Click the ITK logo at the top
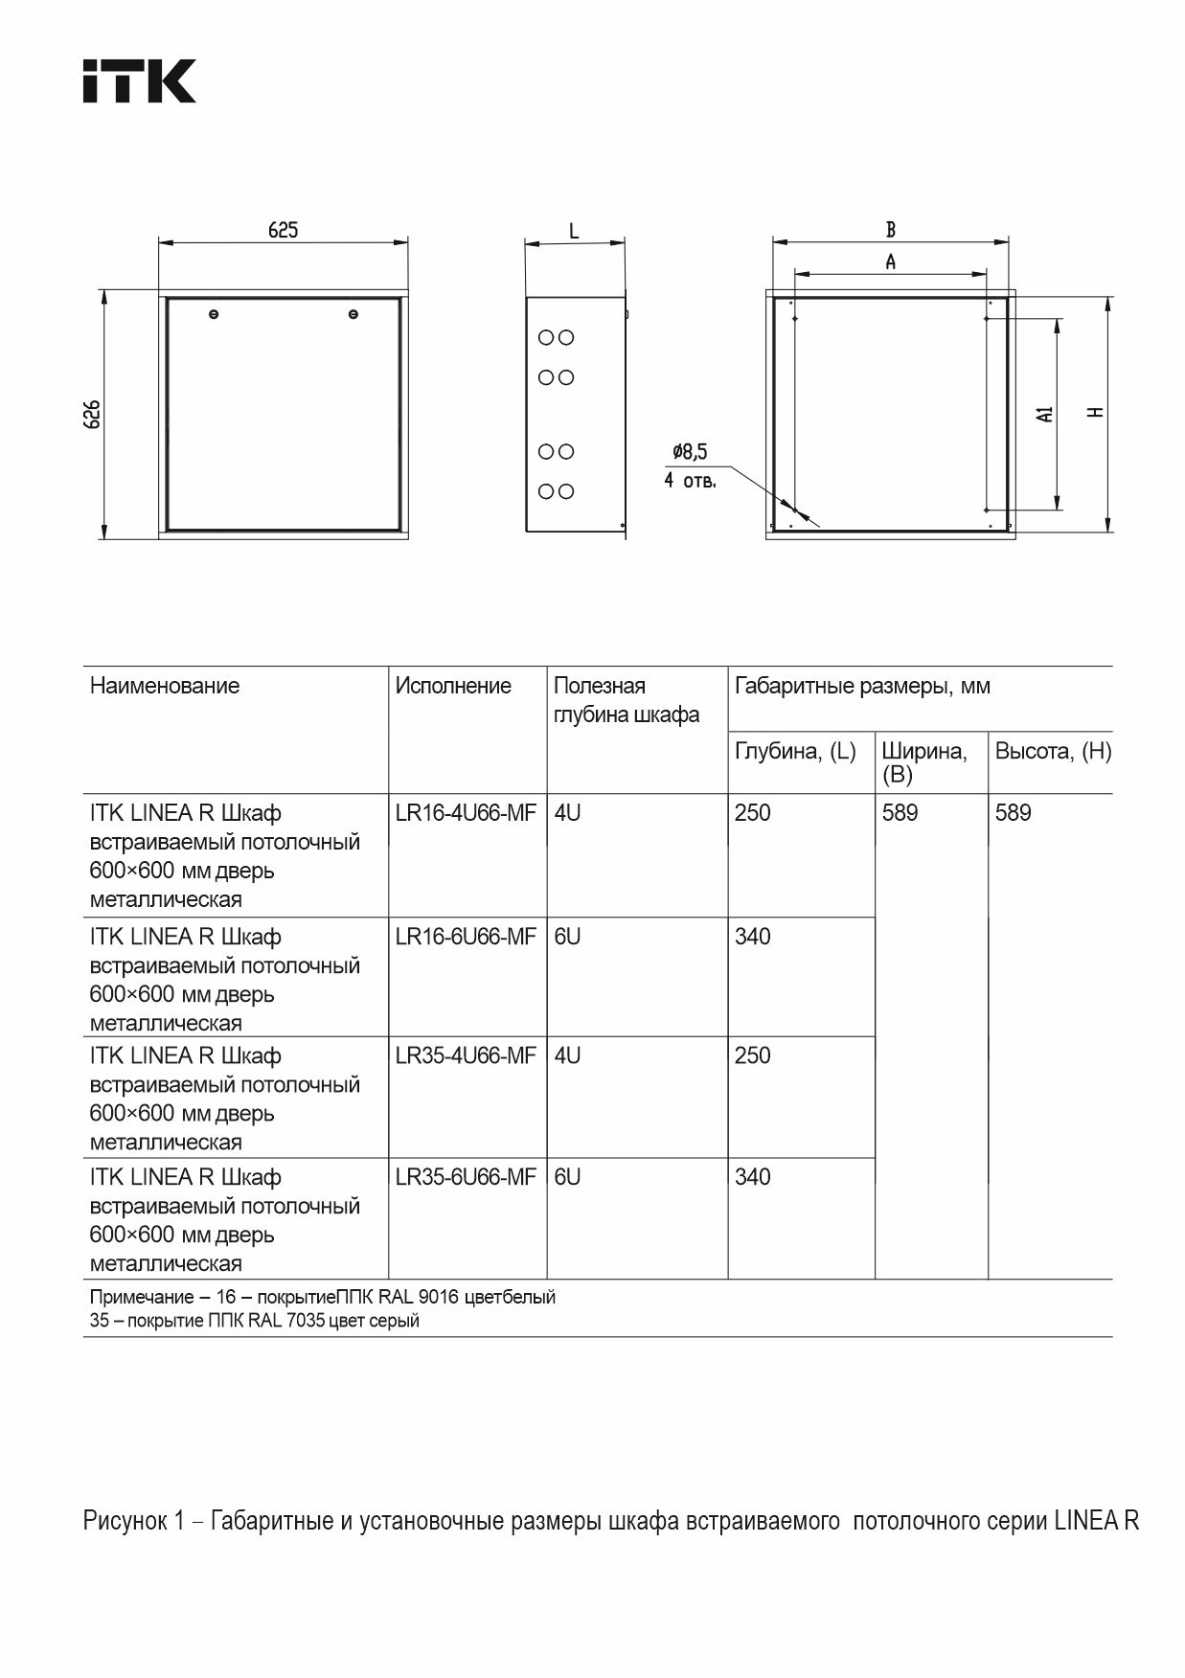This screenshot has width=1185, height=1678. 139,81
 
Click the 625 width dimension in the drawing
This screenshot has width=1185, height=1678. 283,230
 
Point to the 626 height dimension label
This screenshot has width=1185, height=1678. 92,414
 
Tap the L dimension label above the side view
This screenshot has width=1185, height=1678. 574,231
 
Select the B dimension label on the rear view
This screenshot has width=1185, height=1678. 891,230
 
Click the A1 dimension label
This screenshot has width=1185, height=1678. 1045,414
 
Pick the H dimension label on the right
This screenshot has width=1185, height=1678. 1097,413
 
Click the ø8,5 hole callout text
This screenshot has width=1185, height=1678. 690,452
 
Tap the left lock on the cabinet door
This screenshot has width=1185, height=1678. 214,314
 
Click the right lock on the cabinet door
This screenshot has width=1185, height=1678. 353,314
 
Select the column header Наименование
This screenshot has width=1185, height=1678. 165,686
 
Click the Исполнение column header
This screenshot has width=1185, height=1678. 453,686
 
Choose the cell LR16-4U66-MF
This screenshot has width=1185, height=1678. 466,813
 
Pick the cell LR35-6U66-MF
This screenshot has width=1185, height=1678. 466,1177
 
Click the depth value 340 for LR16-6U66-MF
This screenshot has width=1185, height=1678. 753,937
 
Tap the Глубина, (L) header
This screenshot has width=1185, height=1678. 795,751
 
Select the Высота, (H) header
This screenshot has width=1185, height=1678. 1053,751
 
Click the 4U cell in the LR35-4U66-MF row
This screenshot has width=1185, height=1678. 567,1055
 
